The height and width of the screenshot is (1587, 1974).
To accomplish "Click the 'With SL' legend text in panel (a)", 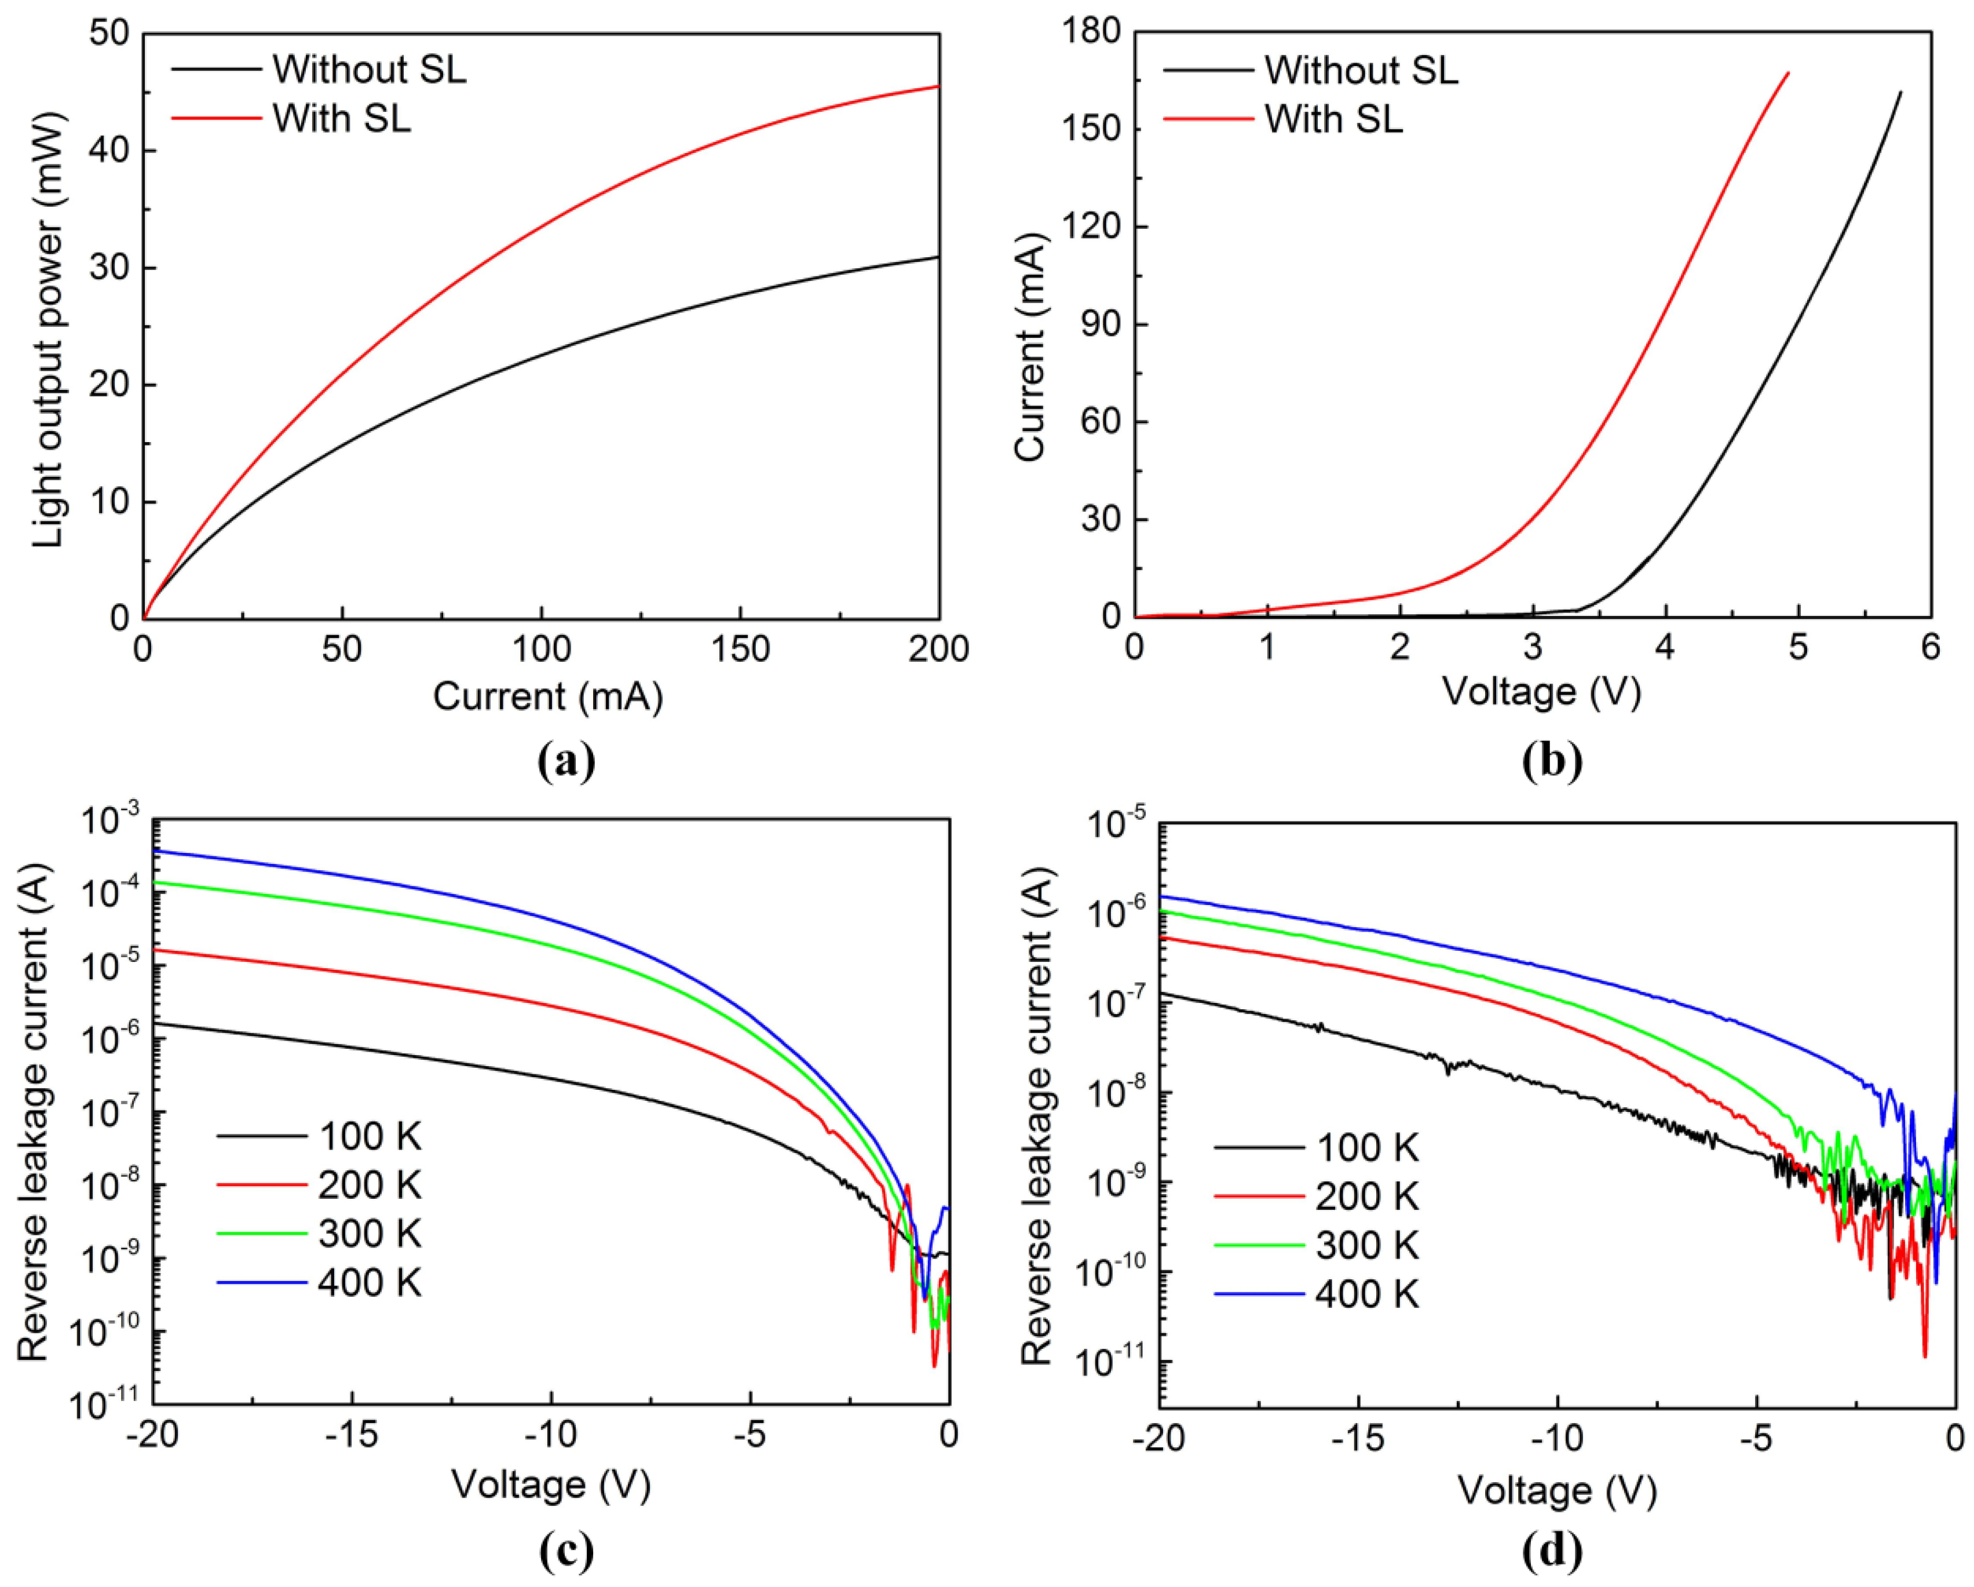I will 342,118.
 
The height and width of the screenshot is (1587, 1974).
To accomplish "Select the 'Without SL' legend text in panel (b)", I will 1362,71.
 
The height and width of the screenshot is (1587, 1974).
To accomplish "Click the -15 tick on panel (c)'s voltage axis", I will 353,1434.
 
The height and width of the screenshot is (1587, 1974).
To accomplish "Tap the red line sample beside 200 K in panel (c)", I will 261,1185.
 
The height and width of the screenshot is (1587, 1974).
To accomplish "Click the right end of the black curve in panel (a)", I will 938,257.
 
